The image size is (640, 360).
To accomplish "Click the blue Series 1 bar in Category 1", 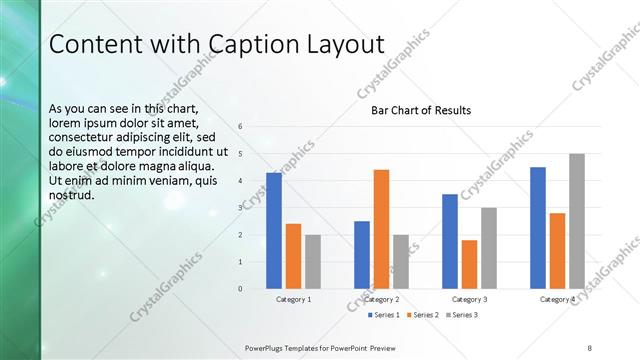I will (274, 230).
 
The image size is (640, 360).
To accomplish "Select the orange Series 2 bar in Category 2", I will (381, 229).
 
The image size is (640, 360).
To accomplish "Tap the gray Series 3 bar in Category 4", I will (577, 221).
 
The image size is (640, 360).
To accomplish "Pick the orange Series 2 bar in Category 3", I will (469, 264).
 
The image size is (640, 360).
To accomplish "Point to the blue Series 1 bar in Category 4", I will (538, 227).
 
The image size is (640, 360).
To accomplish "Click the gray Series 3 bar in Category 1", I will (313, 261).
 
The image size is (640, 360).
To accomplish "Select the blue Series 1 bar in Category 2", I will (362, 254).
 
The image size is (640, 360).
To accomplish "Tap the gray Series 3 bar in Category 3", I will (489, 248).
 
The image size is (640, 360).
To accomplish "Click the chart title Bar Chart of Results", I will (421, 110).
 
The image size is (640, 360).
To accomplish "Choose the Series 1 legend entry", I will (383, 315).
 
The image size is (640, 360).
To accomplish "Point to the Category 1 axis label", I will (293, 299).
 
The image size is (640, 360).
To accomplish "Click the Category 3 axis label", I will (469, 299).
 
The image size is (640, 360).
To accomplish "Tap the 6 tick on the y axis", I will (241, 126).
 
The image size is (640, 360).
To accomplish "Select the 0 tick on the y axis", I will (241, 288).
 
